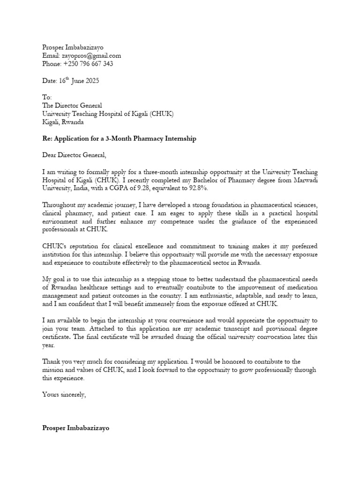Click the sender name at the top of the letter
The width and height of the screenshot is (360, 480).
(x=73, y=47)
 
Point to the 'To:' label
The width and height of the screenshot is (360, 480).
(x=47, y=97)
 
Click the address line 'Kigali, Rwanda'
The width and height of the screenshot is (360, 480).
(x=63, y=122)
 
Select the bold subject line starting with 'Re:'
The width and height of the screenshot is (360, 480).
(x=119, y=139)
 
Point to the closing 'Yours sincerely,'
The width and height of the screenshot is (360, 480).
(x=64, y=394)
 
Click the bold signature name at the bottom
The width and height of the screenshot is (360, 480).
(x=75, y=428)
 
